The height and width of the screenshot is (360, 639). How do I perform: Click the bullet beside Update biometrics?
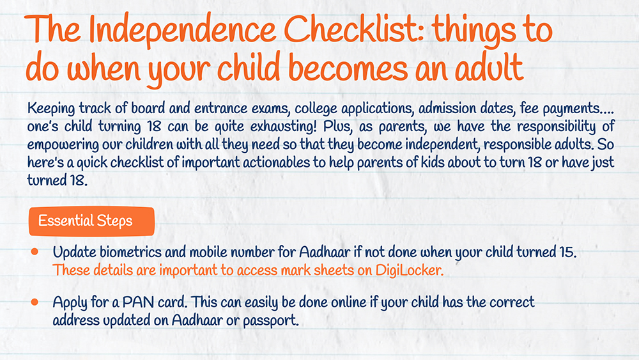[35, 252]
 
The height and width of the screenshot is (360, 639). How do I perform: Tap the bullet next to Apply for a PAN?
[35, 302]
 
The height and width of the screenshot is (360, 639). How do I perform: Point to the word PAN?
[138, 302]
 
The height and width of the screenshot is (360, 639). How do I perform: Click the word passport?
[271, 321]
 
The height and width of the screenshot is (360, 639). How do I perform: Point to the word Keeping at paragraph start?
[51, 109]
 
